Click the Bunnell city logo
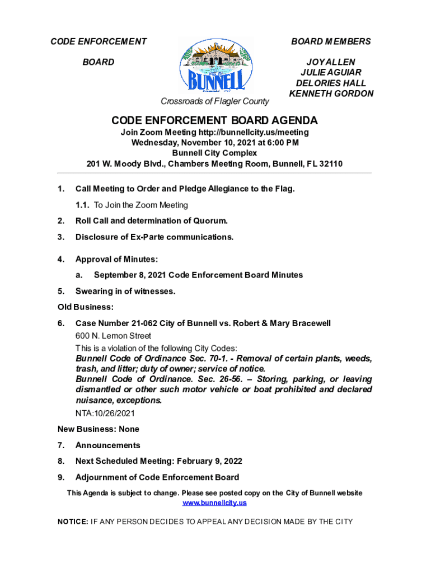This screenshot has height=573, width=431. click(215, 65)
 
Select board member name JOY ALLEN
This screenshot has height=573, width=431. click(330, 62)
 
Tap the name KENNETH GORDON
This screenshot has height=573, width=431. click(331, 93)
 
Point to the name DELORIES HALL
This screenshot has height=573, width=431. click(331, 83)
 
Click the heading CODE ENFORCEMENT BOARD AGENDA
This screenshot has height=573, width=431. click(215, 121)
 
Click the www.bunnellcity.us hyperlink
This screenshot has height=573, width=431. click(215, 503)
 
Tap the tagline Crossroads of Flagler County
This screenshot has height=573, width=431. click(215, 101)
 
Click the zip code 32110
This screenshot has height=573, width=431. click(330, 164)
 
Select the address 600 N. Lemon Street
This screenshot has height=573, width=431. click(113, 336)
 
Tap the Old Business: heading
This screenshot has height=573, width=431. click(86, 307)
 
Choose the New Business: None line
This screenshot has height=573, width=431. click(99, 429)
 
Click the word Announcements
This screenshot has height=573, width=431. click(108, 445)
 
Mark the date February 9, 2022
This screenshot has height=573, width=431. click(209, 462)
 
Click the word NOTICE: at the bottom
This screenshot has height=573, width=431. click(73, 522)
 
